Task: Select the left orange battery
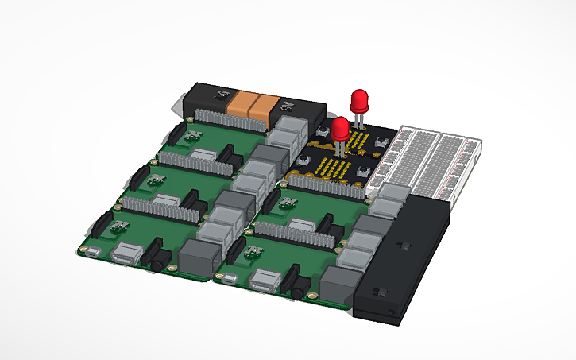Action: [x=239, y=105]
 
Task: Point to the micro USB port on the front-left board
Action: [x=93, y=254]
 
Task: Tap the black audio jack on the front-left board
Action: [x=160, y=259]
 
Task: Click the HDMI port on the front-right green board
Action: [x=265, y=280]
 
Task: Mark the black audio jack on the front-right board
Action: [x=300, y=285]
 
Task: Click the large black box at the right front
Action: [x=402, y=258]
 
